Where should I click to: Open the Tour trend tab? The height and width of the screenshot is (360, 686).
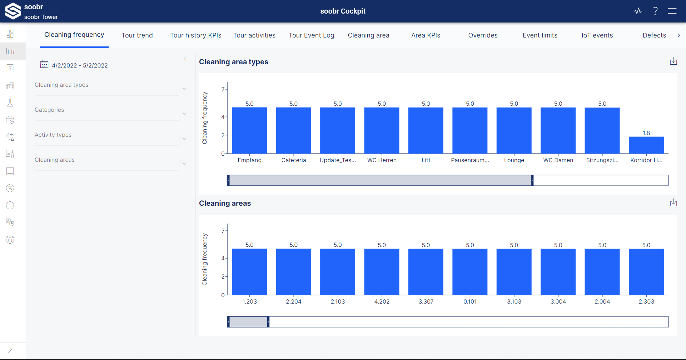137,35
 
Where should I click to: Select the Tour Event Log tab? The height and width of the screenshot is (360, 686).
311,35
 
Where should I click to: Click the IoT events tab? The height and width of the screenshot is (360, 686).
597,35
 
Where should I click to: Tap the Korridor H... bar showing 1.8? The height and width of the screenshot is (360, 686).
646,145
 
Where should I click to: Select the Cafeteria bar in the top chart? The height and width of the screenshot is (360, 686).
293,130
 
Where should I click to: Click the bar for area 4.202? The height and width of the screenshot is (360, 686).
382,272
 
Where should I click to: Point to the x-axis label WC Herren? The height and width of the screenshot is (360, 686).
382,160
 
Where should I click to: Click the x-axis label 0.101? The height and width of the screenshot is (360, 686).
470,301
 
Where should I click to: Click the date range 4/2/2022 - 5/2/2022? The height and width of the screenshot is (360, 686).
80,65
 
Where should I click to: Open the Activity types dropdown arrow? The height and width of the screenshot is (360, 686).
184,139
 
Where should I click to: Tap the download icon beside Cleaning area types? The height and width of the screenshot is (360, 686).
673,61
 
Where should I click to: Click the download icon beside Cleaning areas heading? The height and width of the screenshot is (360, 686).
673,202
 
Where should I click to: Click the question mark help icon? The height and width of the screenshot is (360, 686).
655,11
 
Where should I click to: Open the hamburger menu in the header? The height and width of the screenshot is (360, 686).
672,11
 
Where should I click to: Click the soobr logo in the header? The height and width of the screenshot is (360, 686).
13,11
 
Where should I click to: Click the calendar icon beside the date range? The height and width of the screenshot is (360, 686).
44,65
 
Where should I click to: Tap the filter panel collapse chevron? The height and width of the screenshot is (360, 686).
185,57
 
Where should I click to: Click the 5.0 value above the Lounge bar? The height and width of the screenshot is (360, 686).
514,104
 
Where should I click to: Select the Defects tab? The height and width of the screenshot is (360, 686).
654,35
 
